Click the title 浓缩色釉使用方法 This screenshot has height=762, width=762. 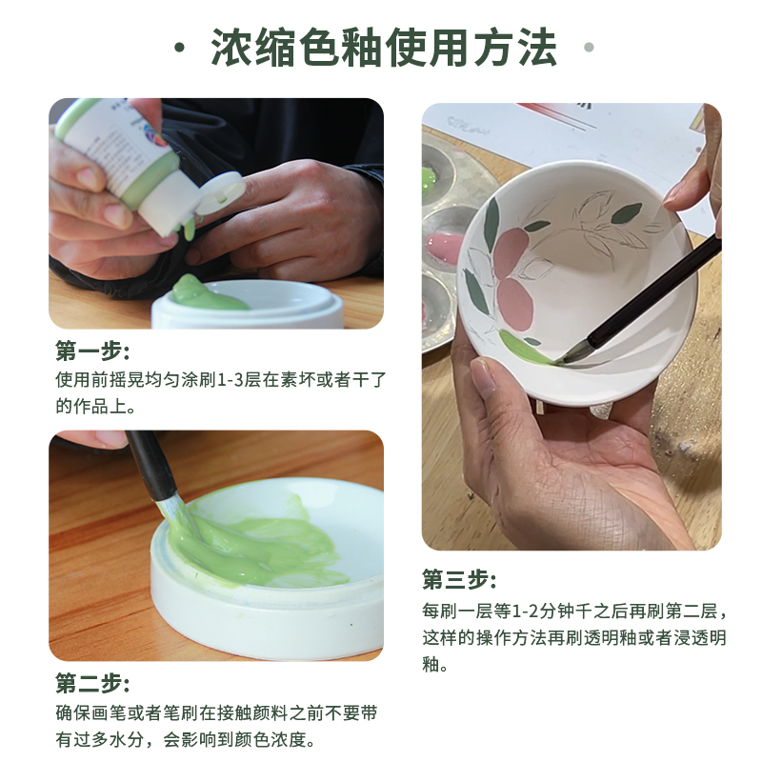tap(384, 48)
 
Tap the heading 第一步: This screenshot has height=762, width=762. tap(91, 351)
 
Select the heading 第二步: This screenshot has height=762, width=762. tap(91, 683)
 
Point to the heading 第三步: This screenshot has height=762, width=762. tap(459, 579)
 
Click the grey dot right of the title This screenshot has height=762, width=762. tap(589, 47)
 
